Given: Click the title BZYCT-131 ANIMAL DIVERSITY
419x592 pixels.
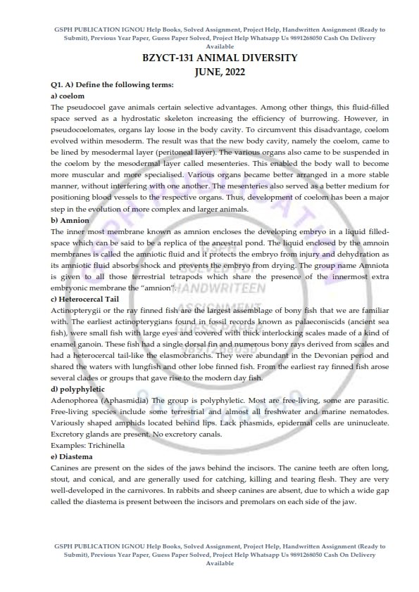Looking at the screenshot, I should [209, 58].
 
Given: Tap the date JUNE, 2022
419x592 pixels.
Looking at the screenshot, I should [209, 71].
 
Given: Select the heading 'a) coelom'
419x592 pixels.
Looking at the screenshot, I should [68, 95].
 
